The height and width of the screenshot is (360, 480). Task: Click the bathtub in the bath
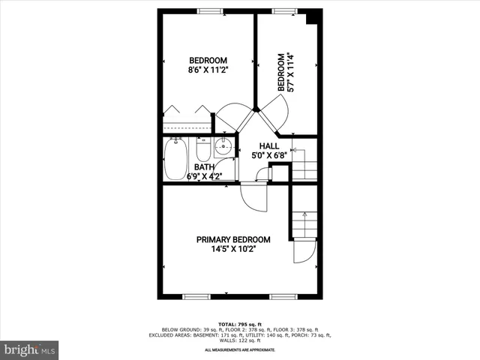[x=175, y=159]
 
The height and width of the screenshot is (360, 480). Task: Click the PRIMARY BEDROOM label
[x=233, y=239]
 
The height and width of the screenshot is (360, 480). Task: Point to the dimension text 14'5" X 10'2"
[x=233, y=249]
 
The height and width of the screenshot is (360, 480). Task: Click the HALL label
[x=269, y=146]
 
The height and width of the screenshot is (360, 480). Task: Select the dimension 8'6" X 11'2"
[x=208, y=70]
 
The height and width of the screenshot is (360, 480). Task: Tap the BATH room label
[x=205, y=167]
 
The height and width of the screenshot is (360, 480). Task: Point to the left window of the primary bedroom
[x=195, y=296]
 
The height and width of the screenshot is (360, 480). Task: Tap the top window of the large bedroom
[x=210, y=11]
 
